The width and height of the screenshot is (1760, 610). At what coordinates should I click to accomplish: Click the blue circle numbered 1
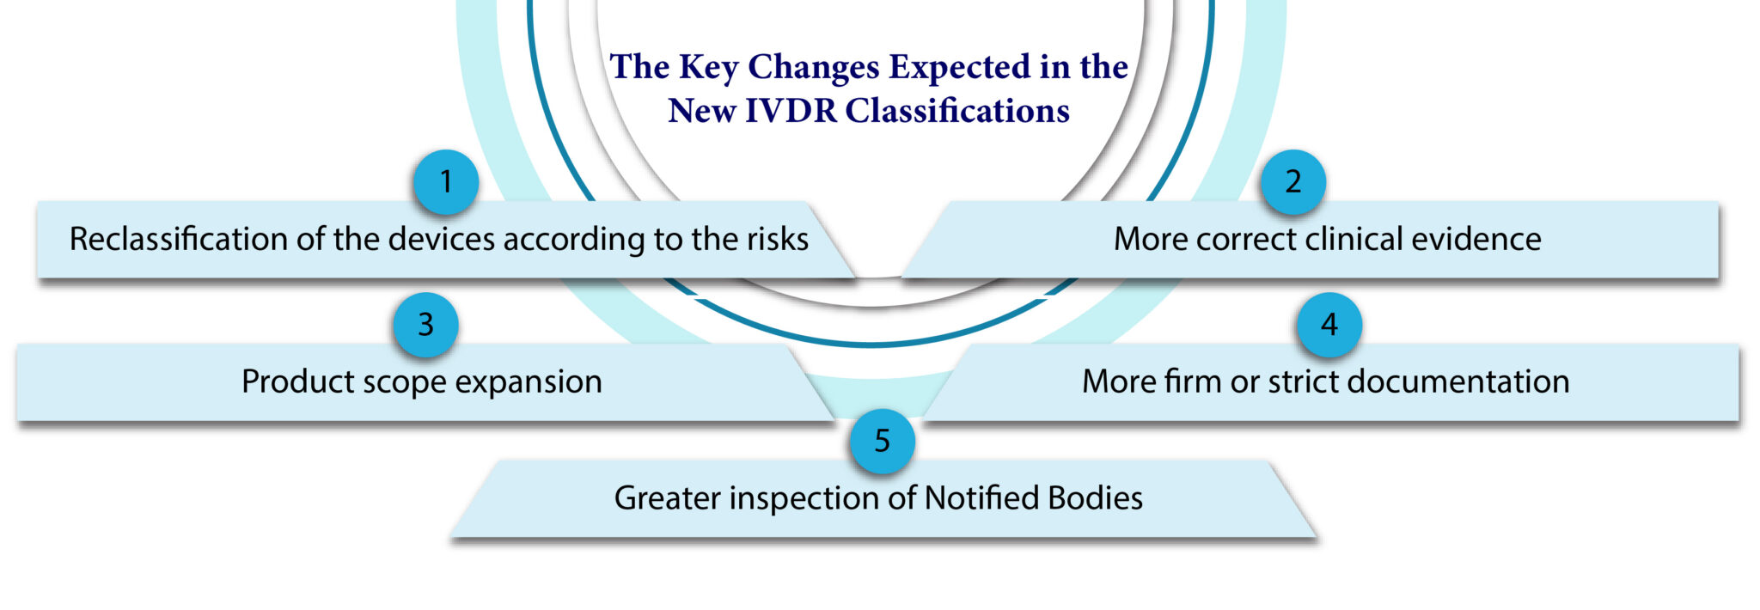point(445,182)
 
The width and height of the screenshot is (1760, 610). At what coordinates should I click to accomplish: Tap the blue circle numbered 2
point(1292,181)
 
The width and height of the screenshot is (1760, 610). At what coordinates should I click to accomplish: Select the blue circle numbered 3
point(425,325)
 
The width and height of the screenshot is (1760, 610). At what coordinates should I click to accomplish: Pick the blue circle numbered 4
point(1329,325)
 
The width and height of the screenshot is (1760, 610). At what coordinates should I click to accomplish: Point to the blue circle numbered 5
point(882,442)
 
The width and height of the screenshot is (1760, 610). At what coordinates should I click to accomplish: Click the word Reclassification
point(179,239)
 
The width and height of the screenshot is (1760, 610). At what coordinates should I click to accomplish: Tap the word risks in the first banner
point(776,239)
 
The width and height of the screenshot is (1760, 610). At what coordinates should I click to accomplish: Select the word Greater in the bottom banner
point(667,498)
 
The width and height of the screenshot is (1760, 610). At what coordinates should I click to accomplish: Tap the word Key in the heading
point(708,68)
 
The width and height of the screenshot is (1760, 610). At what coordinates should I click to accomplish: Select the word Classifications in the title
point(957,111)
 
